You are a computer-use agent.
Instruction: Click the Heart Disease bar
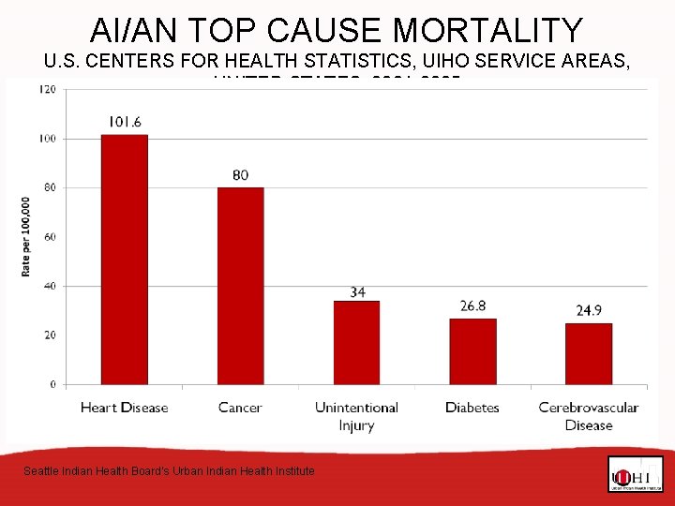pos(124,260)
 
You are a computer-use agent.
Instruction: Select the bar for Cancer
pos(240,286)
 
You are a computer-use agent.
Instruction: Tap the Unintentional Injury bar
pos(356,342)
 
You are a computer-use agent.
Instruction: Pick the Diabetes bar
pos(472,351)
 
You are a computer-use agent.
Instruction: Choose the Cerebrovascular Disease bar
pos(589,353)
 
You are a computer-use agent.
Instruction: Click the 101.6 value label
pos(125,122)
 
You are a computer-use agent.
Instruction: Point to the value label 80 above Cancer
pos(240,175)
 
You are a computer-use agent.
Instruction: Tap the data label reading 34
pos(357,292)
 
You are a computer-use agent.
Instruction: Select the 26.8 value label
pos(472,306)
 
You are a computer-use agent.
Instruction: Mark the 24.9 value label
pos(589,310)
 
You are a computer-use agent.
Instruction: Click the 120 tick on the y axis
pos(47,89)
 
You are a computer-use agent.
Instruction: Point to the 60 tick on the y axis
pos(50,237)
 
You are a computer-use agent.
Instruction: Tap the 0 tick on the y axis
pos(52,384)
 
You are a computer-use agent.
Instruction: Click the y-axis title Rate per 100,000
pos(25,236)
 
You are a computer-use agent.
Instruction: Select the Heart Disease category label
pos(124,408)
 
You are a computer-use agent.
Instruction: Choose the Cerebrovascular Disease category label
pos(589,416)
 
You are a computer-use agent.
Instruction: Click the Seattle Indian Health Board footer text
pos(169,471)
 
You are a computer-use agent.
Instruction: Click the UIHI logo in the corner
pos(635,475)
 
